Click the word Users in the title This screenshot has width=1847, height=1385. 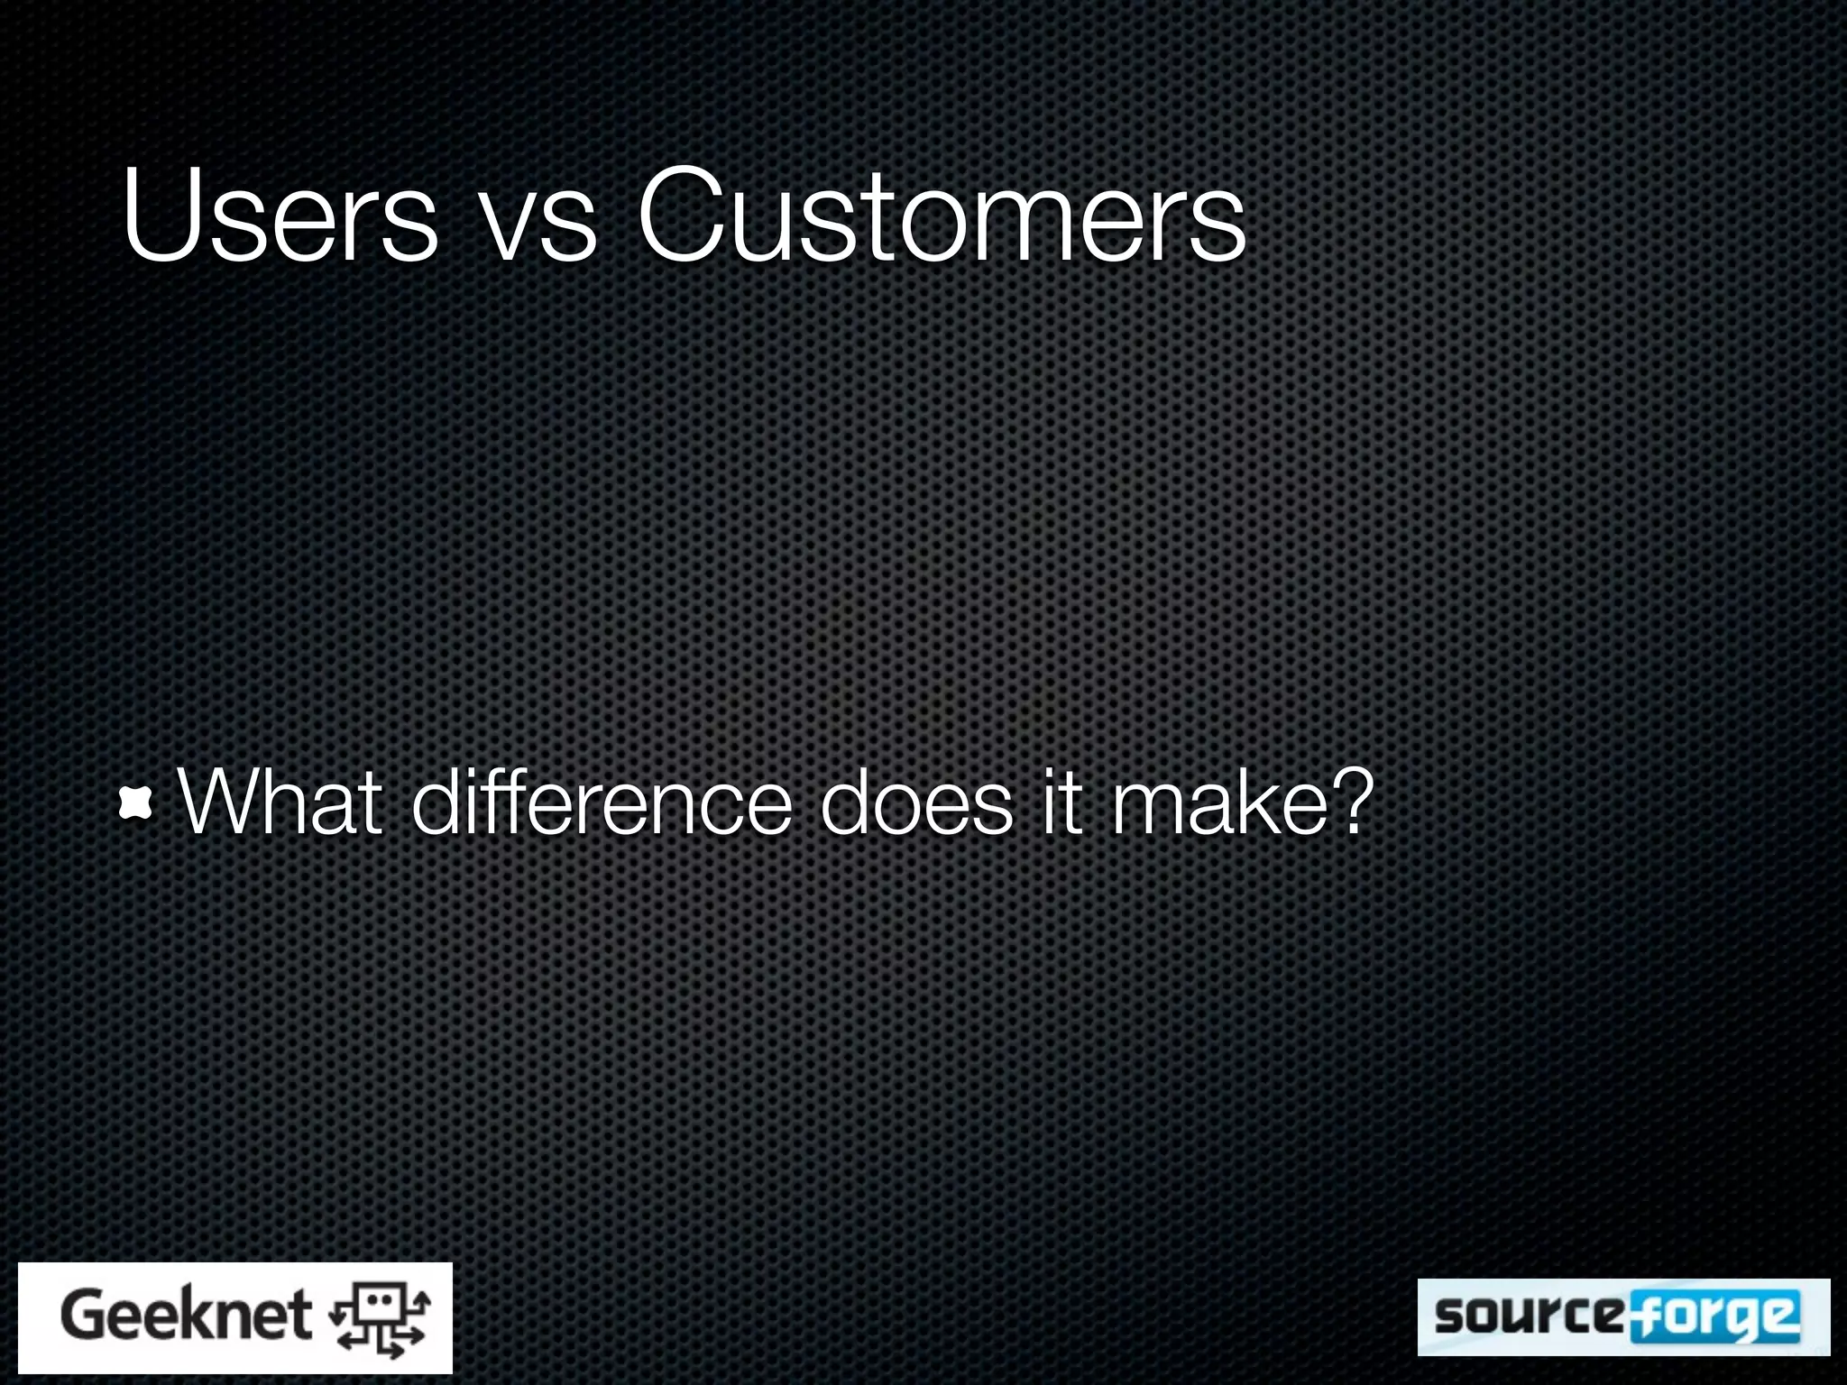click(x=280, y=216)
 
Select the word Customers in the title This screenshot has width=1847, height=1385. click(x=942, y=216)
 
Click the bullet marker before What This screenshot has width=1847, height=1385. click(x=135, y=802)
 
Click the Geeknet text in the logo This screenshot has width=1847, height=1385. click(x=186, y=1316)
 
